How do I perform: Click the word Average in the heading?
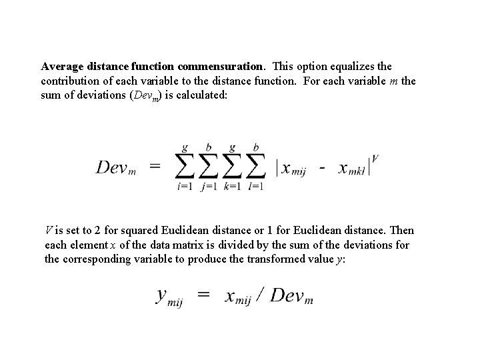[x=63, y=67]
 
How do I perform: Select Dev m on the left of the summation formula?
[x=117, y=167]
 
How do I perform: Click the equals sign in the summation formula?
[x=155, y=167]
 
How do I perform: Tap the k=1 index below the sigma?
[x=232, y=187]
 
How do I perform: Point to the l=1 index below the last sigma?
[x=255, y=187]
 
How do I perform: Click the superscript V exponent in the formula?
[x=376, y=158]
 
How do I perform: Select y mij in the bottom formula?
[x=169, y=297]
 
